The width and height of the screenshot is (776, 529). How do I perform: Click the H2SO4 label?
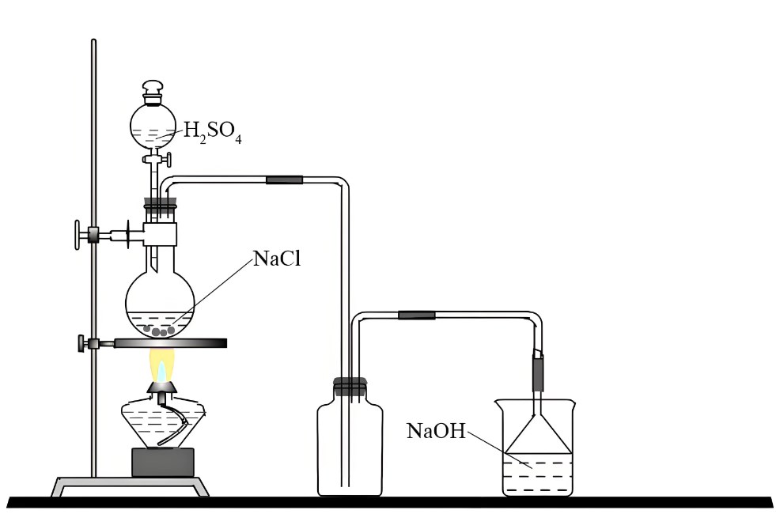212,131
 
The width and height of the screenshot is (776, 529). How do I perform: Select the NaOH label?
436,431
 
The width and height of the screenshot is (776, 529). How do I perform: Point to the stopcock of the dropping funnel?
153,161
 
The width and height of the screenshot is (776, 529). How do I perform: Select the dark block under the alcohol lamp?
162,462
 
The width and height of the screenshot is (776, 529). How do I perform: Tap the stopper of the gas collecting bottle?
350,387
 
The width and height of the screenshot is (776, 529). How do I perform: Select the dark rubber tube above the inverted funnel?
539,373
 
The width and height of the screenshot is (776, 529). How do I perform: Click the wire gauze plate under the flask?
170,342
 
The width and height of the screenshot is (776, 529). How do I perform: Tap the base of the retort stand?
131,484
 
